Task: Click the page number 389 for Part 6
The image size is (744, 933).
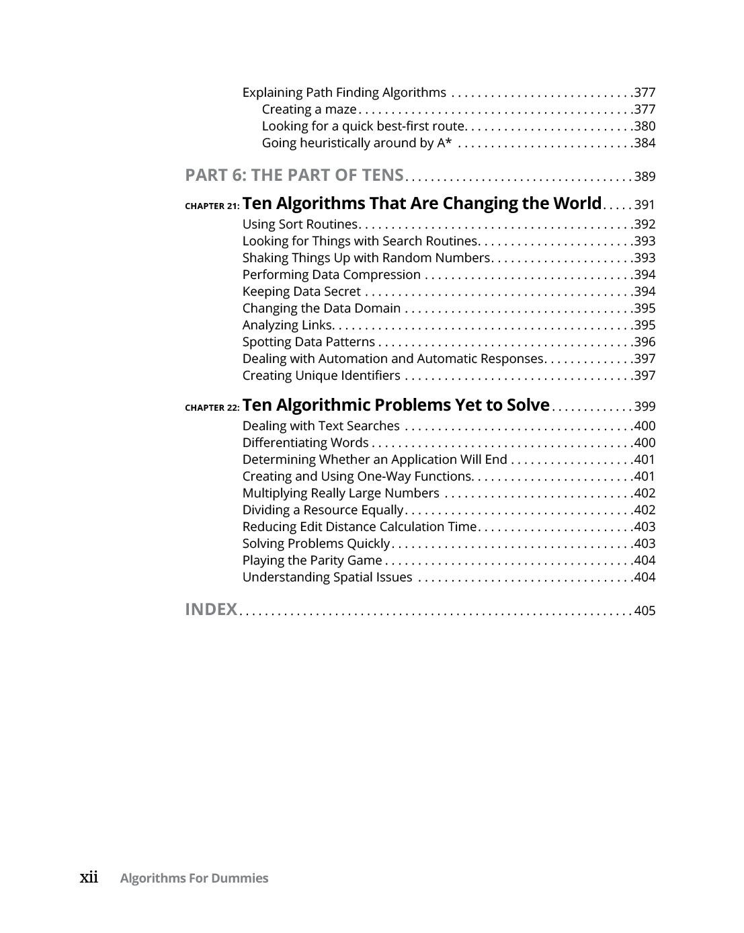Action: coord(645,177)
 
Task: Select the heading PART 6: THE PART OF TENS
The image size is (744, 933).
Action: coord(294,175)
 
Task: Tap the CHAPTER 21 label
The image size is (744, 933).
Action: coord(212,206)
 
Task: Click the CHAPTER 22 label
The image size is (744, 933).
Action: coord(212,408)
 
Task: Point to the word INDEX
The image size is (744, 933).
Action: coord(211,610)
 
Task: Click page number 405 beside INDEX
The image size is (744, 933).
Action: coord(645,611)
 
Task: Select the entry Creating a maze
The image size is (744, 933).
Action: coord(308,110)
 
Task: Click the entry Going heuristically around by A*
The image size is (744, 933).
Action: coord(356,143)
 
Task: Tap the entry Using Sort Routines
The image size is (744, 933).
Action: coord(300,225)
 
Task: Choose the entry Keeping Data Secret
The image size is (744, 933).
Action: coord(301,292)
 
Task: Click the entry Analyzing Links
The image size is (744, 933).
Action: coord(287,325)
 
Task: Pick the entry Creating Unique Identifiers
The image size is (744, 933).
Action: coord(321,376)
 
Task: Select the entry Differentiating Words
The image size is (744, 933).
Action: coord(305,443)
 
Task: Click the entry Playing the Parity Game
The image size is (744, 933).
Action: coord(312,561)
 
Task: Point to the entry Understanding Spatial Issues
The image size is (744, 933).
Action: coord(327,577)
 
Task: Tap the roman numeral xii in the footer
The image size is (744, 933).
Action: coord(89,877)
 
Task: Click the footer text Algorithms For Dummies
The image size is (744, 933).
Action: coord(194,879)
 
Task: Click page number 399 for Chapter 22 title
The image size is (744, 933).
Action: coord(645,407)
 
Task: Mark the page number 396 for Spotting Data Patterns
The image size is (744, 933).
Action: coord(645,342)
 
